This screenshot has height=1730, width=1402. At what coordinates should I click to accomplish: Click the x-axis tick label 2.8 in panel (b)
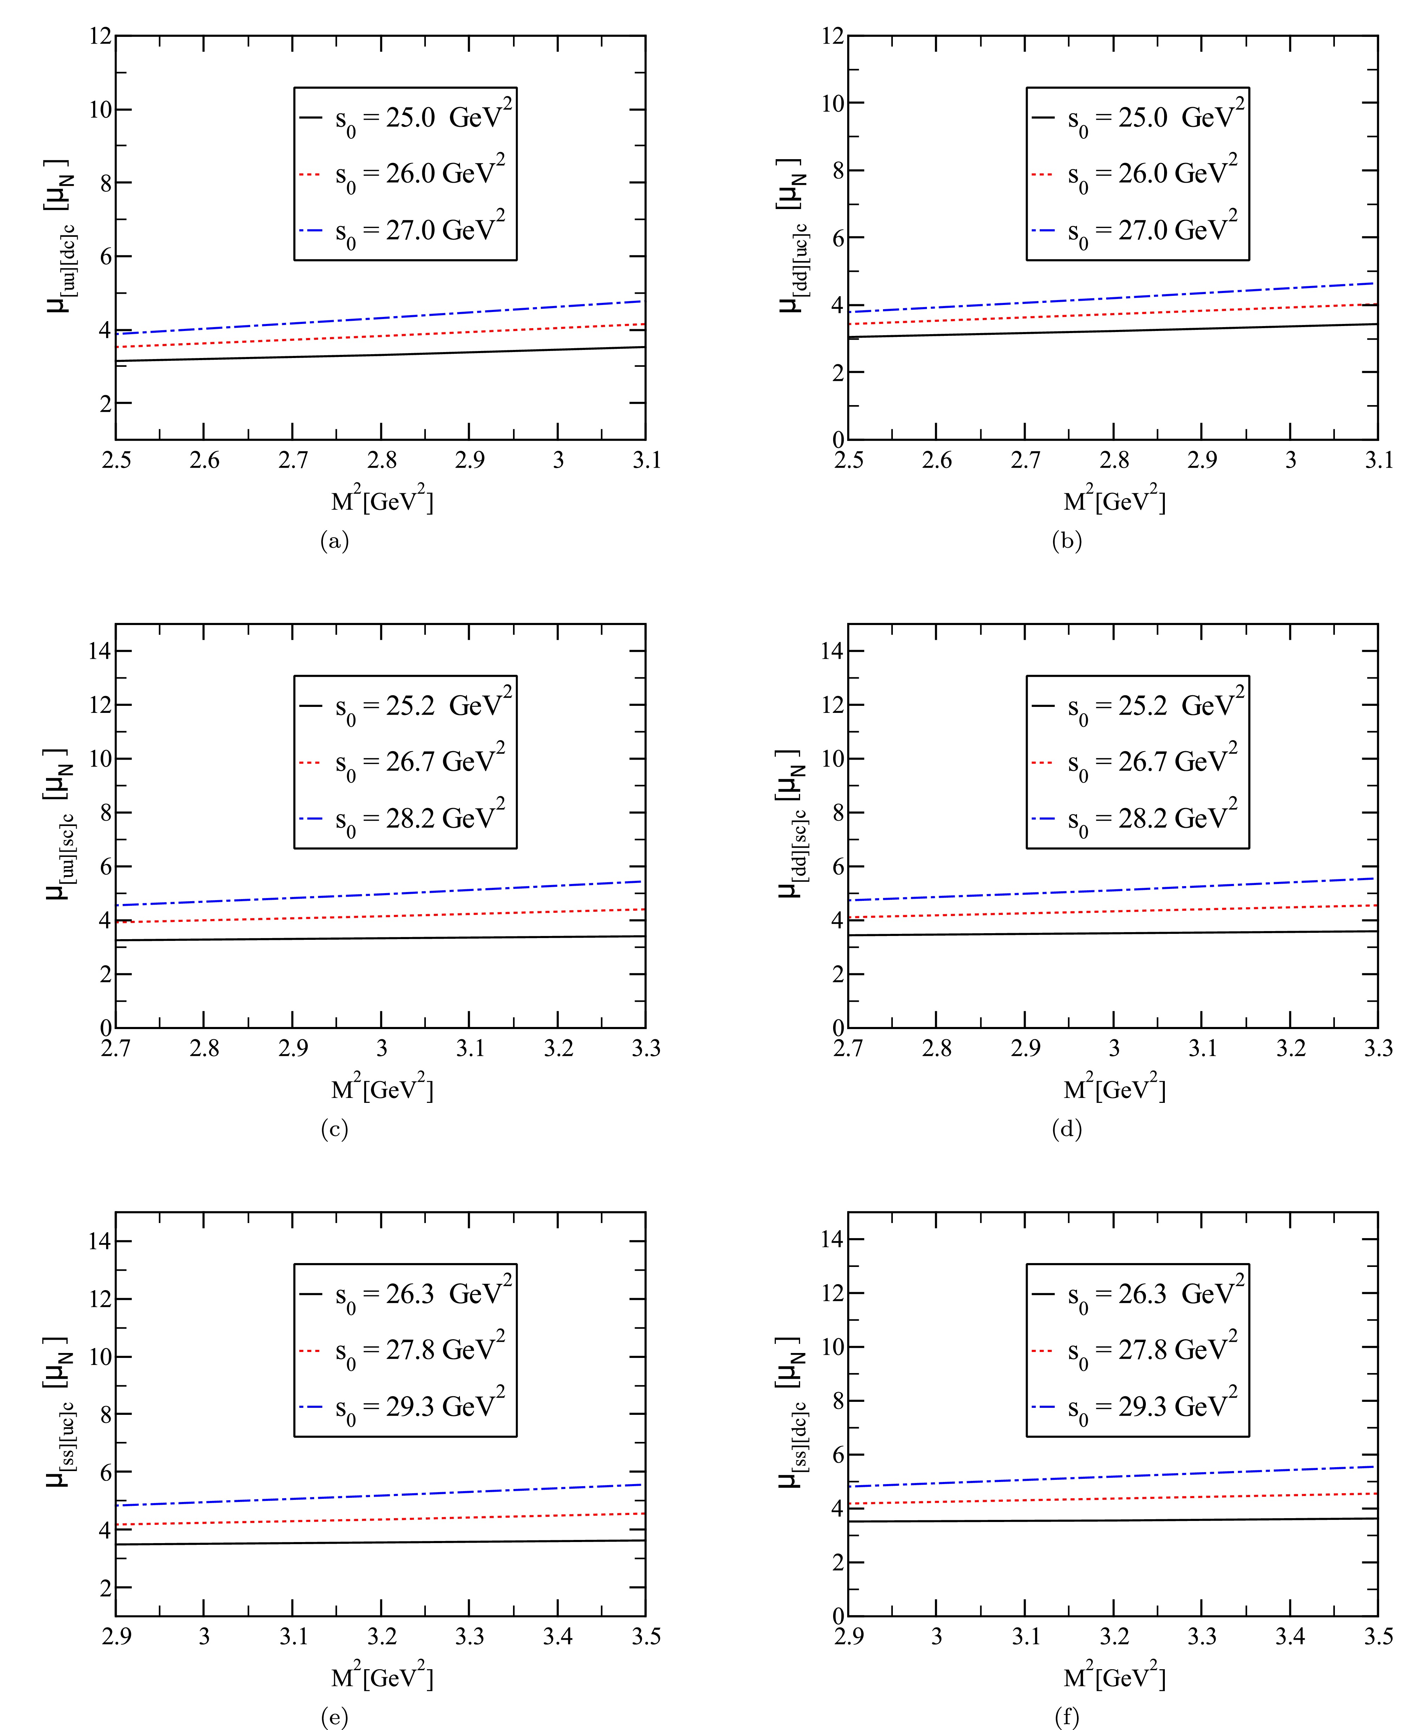click(x=1114, y=460)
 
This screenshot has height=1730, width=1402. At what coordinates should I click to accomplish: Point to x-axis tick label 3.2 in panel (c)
click(x=558, y=1048)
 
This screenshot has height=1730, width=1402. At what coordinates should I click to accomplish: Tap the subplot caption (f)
click(x=1067, y=1716)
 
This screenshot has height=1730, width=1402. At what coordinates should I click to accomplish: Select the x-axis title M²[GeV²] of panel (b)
click(x=1115, y=501)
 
